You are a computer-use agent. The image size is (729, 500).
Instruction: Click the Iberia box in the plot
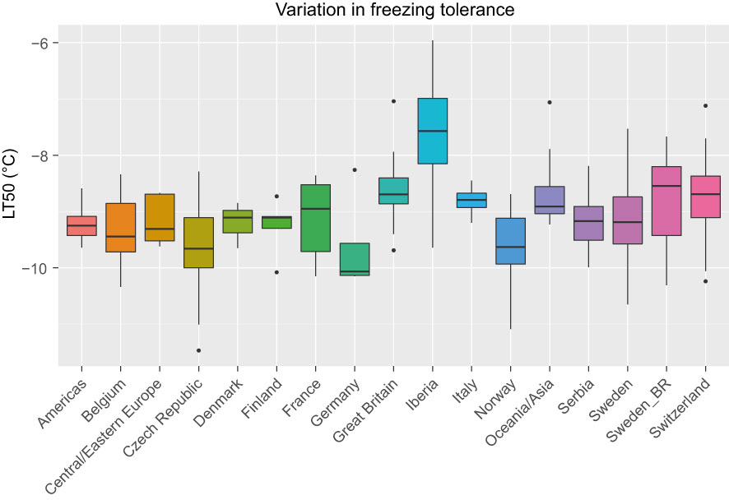(433, 132)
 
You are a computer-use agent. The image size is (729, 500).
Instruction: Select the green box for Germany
(355, 259)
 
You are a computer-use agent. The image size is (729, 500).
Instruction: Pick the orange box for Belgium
(121, 227)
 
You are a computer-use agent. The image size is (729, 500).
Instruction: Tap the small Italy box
(471, 200)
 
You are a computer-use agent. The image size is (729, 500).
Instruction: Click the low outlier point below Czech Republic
(198, 350)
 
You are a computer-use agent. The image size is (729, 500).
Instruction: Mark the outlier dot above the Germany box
(355, 169)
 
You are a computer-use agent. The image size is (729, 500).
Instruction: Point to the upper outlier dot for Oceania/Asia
(550, 102)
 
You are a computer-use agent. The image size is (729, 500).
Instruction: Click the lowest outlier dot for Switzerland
(705, 281)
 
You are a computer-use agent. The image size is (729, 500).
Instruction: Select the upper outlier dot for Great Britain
(393, 101)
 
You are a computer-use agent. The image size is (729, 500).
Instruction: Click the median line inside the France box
(316, 209)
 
